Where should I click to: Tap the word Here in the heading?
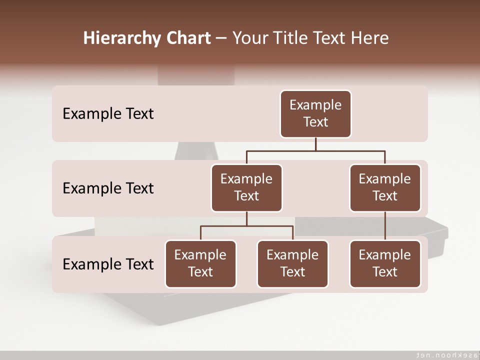370,38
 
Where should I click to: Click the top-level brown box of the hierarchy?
315,114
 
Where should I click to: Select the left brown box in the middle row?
246,188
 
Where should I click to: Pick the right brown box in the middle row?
385,188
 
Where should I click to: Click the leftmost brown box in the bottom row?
200,264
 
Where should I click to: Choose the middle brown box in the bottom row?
292,264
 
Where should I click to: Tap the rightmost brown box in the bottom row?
385,264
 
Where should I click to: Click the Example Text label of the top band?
108,114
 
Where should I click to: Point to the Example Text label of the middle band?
108,188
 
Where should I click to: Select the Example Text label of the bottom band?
108,264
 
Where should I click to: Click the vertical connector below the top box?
315,144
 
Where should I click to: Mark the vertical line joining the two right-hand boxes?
385,226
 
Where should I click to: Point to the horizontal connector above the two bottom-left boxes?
246,226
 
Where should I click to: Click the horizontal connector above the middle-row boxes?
315,150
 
